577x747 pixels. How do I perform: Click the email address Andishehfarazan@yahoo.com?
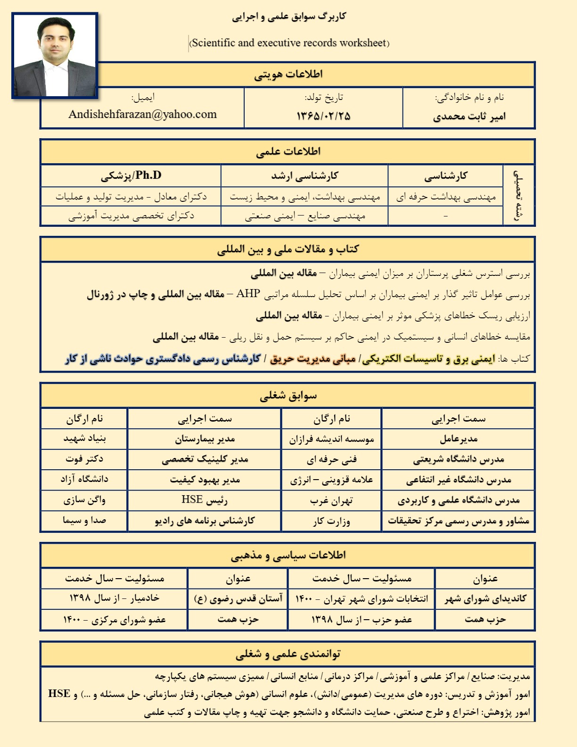click(x=142, y=115)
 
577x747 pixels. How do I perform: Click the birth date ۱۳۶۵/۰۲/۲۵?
click(x=323, y=116)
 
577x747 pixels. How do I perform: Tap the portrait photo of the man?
click(x=55, y=56)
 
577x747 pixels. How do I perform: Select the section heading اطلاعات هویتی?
click(x=288, y=75)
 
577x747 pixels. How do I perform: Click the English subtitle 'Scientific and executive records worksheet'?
click(x=289, y=43)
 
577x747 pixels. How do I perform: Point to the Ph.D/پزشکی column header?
click(x=131, y=176)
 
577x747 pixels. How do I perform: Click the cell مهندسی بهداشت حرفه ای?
click(x=446, y=197)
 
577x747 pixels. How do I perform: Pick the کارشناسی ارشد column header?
click(x=305, y=176)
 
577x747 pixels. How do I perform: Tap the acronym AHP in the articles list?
click(x=248, y=294)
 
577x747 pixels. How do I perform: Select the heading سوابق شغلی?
click(x=288, y=396)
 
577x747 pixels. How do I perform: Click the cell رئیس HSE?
click(x=205, y=500)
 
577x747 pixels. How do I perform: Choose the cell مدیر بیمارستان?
click(x=205, y=439)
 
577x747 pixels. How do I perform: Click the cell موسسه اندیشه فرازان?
click(x=331, y=440)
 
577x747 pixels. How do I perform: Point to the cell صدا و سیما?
click(x=84, y=520)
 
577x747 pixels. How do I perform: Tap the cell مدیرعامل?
click(x=458, y=439)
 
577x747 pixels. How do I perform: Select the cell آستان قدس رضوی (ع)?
click(x=238, y=598)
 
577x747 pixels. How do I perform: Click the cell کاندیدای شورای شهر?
click(x=485, y=598)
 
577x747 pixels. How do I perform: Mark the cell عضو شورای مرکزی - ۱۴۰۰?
click(x=115, y=619)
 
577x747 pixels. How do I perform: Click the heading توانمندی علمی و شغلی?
click(x=288, y=654)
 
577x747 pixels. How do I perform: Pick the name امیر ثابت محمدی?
click(x=469, y=116)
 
